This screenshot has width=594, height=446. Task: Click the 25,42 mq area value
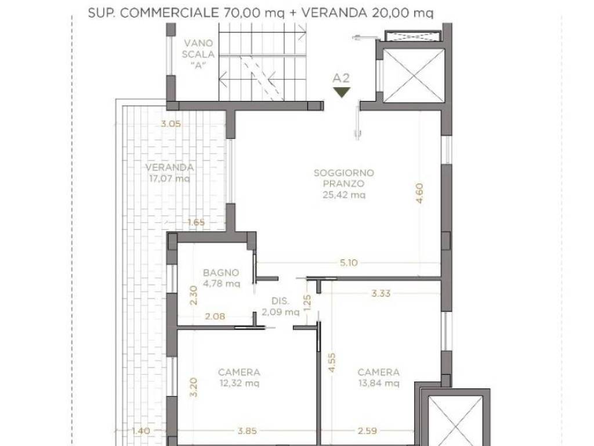click(x=343, y=195)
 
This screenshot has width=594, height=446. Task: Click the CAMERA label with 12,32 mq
click(x=239, y=372)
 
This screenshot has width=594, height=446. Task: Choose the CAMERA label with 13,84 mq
click(x=378, y=372)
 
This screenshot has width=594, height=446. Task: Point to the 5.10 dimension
click(x=348, y=262)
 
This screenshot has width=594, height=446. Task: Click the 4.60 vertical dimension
click(x=419, y=193)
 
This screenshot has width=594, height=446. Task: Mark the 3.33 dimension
click(x=381, y=294)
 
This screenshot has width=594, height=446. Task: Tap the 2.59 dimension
click(x=364, y=430)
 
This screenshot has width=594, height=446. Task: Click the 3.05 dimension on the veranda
click(x=171, y=123)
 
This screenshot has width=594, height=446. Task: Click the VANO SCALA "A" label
click(x=199, y=53)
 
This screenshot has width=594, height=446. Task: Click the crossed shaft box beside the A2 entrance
click(x=413, y=75)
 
